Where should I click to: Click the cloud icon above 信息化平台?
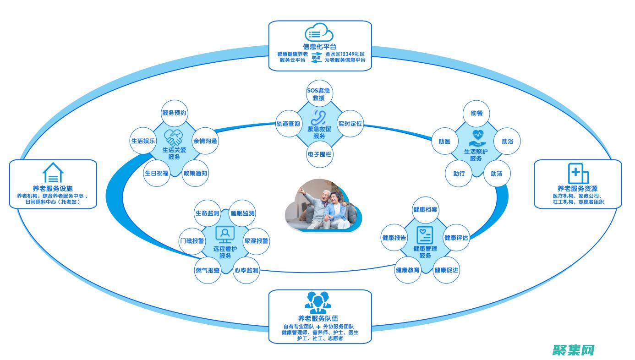tap(319, 33)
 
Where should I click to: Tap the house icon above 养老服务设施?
tap(53, 173)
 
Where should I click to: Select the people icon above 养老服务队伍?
tap(319, 302)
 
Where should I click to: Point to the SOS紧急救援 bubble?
tap(319, 94)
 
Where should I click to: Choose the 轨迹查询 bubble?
tap(288, 124)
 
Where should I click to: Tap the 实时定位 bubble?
tap(350, 124)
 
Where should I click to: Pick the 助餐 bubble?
tap(476, 113)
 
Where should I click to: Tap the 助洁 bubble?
tap(497, 174)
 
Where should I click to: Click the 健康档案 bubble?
tap(425, 209)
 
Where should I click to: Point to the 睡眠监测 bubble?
tap(243, 213)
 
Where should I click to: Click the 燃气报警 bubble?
tap(208, 270)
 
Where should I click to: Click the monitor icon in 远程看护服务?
tap(225, 234)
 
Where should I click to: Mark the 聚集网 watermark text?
tap(574, 350)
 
